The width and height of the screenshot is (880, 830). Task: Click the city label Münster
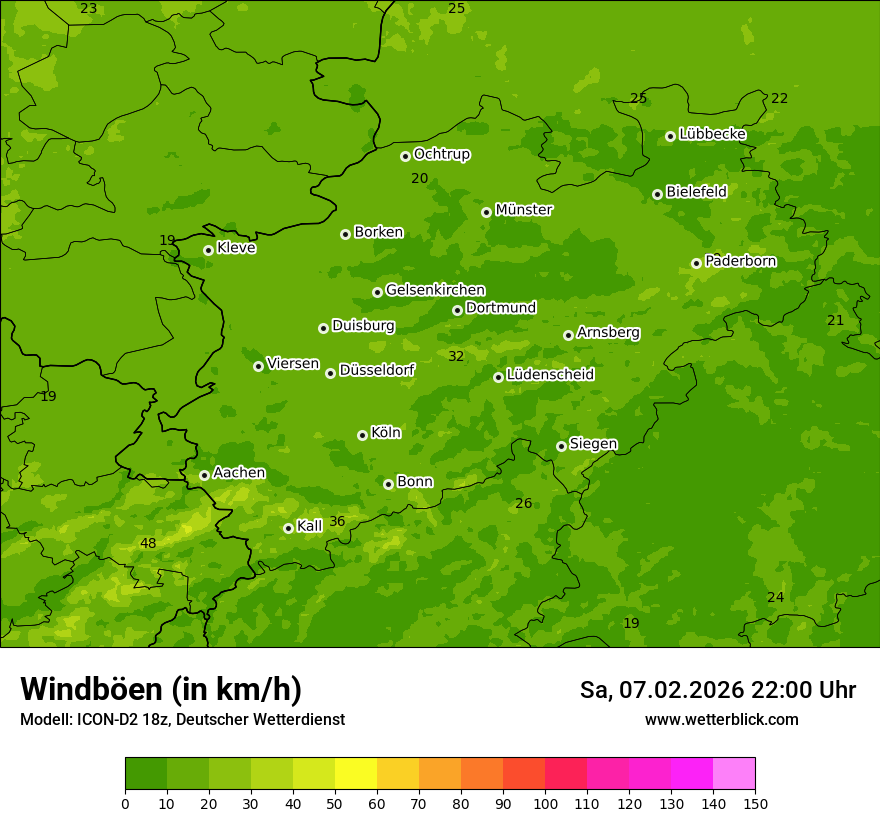click(523, 210)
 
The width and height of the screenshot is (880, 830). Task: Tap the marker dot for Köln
click(362, 435)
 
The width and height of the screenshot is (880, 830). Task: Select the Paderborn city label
click(740, 261)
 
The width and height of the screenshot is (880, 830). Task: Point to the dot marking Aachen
click(204, 475)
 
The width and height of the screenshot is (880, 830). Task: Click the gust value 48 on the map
click(148, 543)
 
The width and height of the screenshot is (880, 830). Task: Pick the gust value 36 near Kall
click(337, 521)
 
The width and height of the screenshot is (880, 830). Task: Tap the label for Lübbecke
click(712, 134)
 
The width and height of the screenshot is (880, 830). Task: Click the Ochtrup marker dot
click(405, 156)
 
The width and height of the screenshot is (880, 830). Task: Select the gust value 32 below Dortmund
click(456, 356)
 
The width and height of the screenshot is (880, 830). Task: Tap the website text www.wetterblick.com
click(721, 719)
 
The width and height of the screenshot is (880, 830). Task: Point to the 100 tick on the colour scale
click(545, 803)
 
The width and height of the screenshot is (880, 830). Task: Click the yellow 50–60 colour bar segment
click(356, 774)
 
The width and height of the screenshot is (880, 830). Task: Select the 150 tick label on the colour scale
click(755, 803)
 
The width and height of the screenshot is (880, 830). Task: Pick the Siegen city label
click(593, 444)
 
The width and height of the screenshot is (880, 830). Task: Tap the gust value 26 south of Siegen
click(523, 503)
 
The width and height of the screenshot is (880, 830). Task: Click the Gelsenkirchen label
click(435, 290)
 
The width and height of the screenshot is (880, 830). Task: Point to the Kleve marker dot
click(208, 250)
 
